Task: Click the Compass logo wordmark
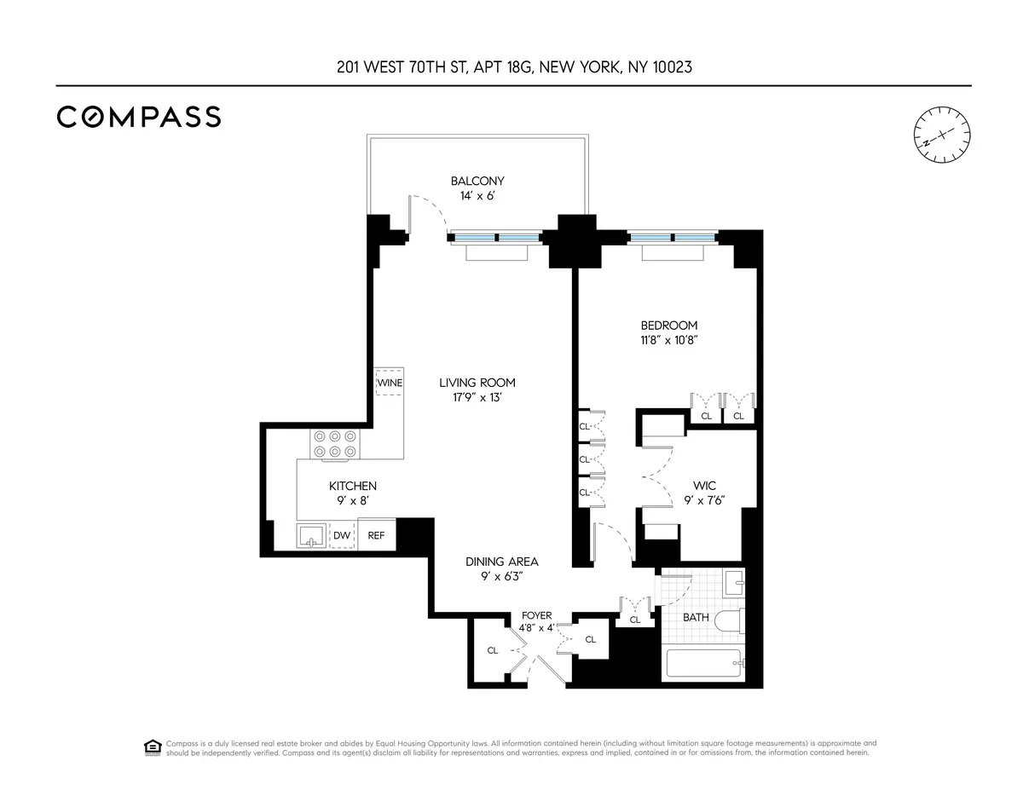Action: [x=139, y=117]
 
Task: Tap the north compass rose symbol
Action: [x=941, y=135]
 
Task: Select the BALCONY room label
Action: [x=477, y=181]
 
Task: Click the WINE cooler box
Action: [x=390, y=383]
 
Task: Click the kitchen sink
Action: [x=311, y=535]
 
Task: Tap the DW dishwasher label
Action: [x=342, y=535]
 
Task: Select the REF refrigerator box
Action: [x=376, y=535]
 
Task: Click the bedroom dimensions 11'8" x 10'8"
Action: [x=669, y=339]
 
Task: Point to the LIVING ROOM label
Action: [x=477, y=383]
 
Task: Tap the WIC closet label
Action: [x=704, y=487]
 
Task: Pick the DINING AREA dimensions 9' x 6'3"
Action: [x=501, y=576]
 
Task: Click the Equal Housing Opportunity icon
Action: [x=153, y=747]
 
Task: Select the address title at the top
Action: [x=513, y=66]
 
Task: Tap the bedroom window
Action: [x=673, y=238]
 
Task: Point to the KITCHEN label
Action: [x=352, y=486]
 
